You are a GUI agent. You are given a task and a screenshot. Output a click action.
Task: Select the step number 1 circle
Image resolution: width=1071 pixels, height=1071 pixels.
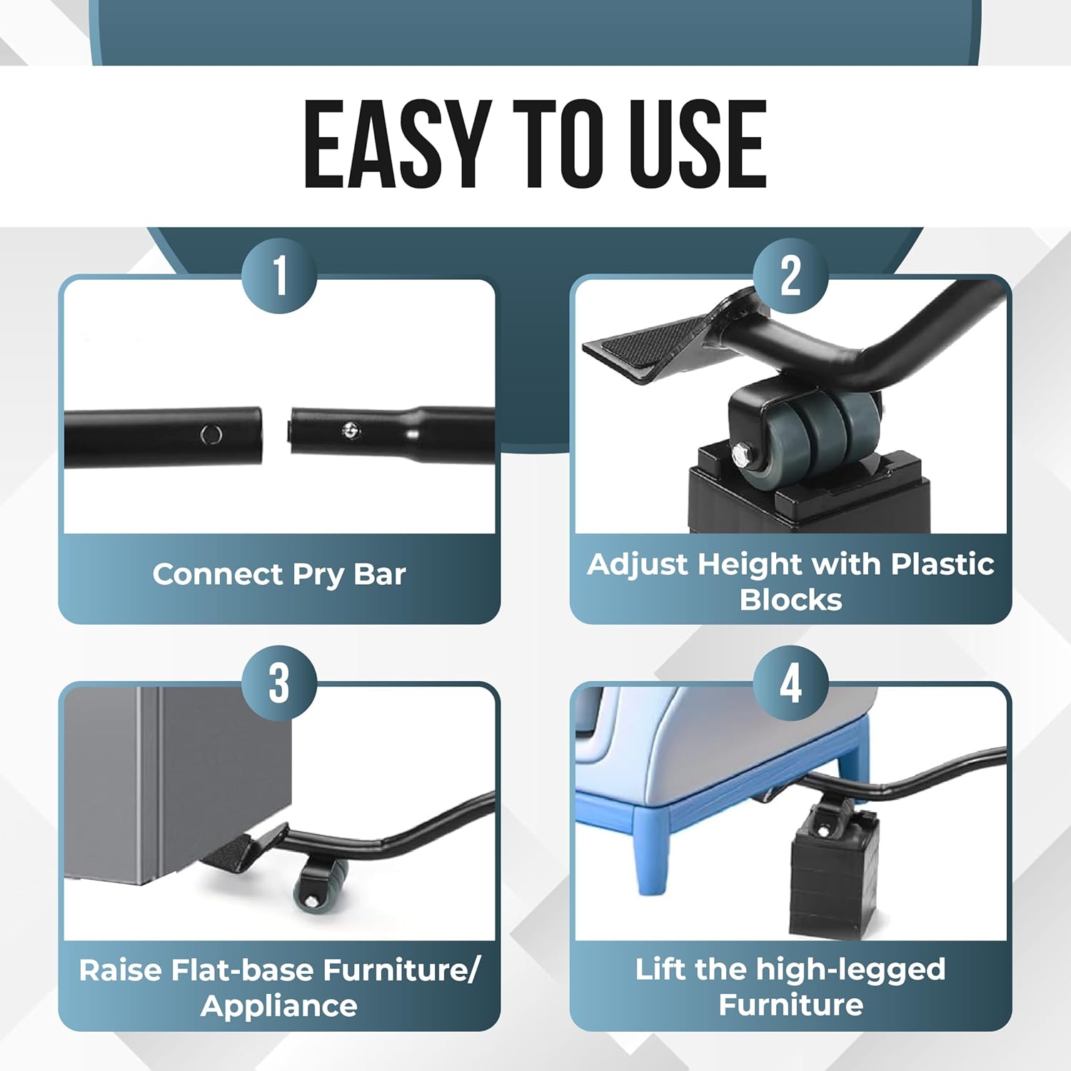pos(279,275)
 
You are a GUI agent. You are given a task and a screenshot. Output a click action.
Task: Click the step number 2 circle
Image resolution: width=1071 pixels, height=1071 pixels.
pos(790,275)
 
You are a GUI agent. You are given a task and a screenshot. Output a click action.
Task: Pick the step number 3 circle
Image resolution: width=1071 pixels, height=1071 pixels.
pos(279,683)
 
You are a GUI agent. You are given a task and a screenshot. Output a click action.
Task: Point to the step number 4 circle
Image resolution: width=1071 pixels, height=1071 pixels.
pos(790,683)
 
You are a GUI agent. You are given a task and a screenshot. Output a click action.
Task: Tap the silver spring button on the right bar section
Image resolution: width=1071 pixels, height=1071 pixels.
pos(350,430)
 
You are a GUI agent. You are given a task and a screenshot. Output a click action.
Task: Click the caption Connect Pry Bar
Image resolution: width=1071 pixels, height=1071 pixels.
pos(279,574)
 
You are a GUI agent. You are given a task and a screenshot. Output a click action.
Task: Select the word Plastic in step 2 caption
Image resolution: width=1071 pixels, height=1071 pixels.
pos(942,564)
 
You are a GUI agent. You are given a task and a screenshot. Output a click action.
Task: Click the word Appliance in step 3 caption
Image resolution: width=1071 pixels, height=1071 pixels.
pos(279,1006)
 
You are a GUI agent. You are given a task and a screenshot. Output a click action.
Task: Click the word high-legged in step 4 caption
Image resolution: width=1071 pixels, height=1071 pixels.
pos(850,970)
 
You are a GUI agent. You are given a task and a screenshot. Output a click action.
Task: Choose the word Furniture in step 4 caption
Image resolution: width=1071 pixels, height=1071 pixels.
pos(790,1005)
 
